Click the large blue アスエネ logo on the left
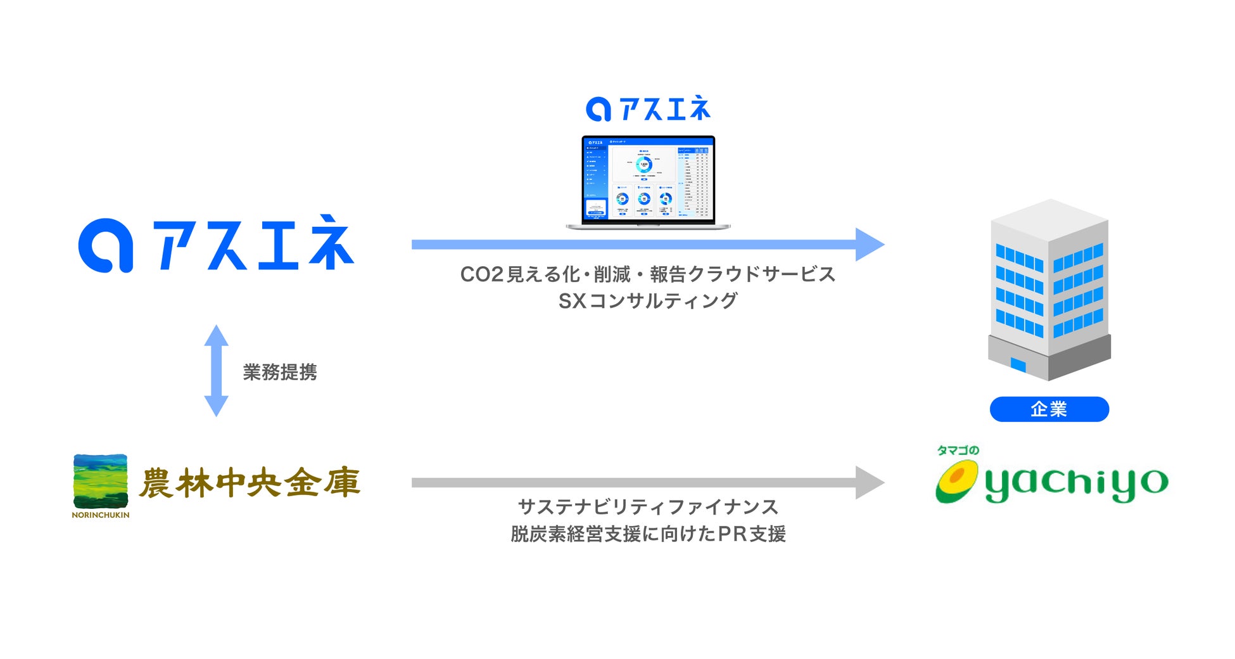pos(215,245)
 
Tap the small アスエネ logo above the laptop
pos(648,109)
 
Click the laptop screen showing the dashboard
pos(648,179)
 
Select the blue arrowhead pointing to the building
pos(869,245)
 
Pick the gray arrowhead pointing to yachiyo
pos(869,483)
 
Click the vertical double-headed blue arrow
pos(216,371)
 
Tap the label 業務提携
pos(280,372)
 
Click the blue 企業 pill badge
pos(1049,409)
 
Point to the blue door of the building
pos(1018,365)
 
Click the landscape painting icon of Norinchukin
pos(100,481)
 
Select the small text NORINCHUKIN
pos(100,515)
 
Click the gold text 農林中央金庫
pos(250,483)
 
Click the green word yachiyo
pos(1076,484)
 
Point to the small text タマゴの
pos(958,451)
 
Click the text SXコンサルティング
pos(648,301)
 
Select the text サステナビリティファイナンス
pos(648,507)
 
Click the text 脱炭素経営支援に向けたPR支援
pos(648,534)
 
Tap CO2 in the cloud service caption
pos(481,274)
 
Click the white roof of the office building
pos(1050,219)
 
